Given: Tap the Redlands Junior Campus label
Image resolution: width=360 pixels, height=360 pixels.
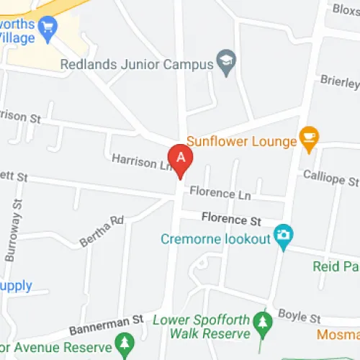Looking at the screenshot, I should click(137, 64).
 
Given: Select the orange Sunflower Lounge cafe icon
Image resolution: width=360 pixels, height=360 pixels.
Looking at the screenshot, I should click(309, 138).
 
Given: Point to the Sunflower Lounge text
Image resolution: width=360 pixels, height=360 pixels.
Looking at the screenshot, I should click(241, 141).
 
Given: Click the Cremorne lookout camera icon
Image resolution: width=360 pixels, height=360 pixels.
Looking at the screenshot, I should click(284, 235).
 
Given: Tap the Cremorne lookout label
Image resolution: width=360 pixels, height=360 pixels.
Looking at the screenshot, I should click(215, 238).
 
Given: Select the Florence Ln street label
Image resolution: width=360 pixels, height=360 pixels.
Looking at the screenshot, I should click(222, 193).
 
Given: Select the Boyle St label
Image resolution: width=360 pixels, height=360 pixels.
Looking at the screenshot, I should click(298, 317).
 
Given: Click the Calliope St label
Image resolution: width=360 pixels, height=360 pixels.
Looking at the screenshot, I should click(330, 177).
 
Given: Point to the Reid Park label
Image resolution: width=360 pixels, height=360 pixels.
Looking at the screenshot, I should click(336, 266).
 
